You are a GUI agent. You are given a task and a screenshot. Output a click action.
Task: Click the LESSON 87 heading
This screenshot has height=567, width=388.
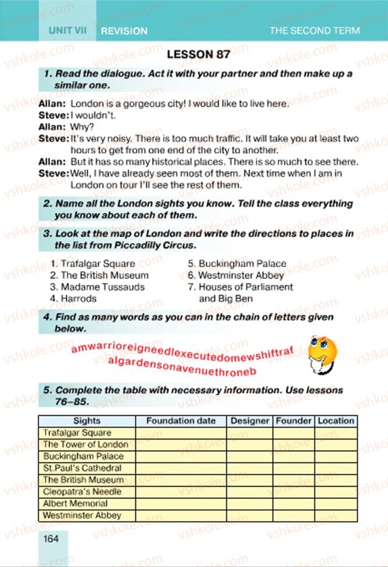coord(198,55)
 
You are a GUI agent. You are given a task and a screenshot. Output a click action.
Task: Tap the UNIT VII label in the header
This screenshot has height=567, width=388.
coord(67,30)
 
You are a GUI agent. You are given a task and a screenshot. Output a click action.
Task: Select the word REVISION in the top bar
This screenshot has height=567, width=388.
coord(124,31)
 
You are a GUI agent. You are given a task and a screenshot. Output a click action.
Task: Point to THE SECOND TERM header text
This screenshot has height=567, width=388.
coord(314,31)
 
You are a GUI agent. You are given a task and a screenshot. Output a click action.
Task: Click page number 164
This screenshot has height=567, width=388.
coord(51,539)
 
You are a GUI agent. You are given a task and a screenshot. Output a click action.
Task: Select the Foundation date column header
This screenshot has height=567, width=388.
coord(181,420)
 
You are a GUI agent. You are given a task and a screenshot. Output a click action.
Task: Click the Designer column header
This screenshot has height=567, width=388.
coord(250,420)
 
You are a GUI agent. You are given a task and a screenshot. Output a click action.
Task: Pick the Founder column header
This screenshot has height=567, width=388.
coord(294,420)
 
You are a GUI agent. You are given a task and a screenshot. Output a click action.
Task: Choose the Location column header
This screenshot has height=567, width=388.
coord(336,420)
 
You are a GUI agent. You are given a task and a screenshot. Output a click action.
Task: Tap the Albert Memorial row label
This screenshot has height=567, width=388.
coord(76,503)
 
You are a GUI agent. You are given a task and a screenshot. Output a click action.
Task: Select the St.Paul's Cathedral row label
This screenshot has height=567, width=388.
coord(82,468)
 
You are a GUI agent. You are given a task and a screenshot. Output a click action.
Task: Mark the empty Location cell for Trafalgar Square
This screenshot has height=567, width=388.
coord(336,433)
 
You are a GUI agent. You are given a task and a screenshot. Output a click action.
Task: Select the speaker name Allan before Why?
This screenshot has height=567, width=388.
coord(52,126)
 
